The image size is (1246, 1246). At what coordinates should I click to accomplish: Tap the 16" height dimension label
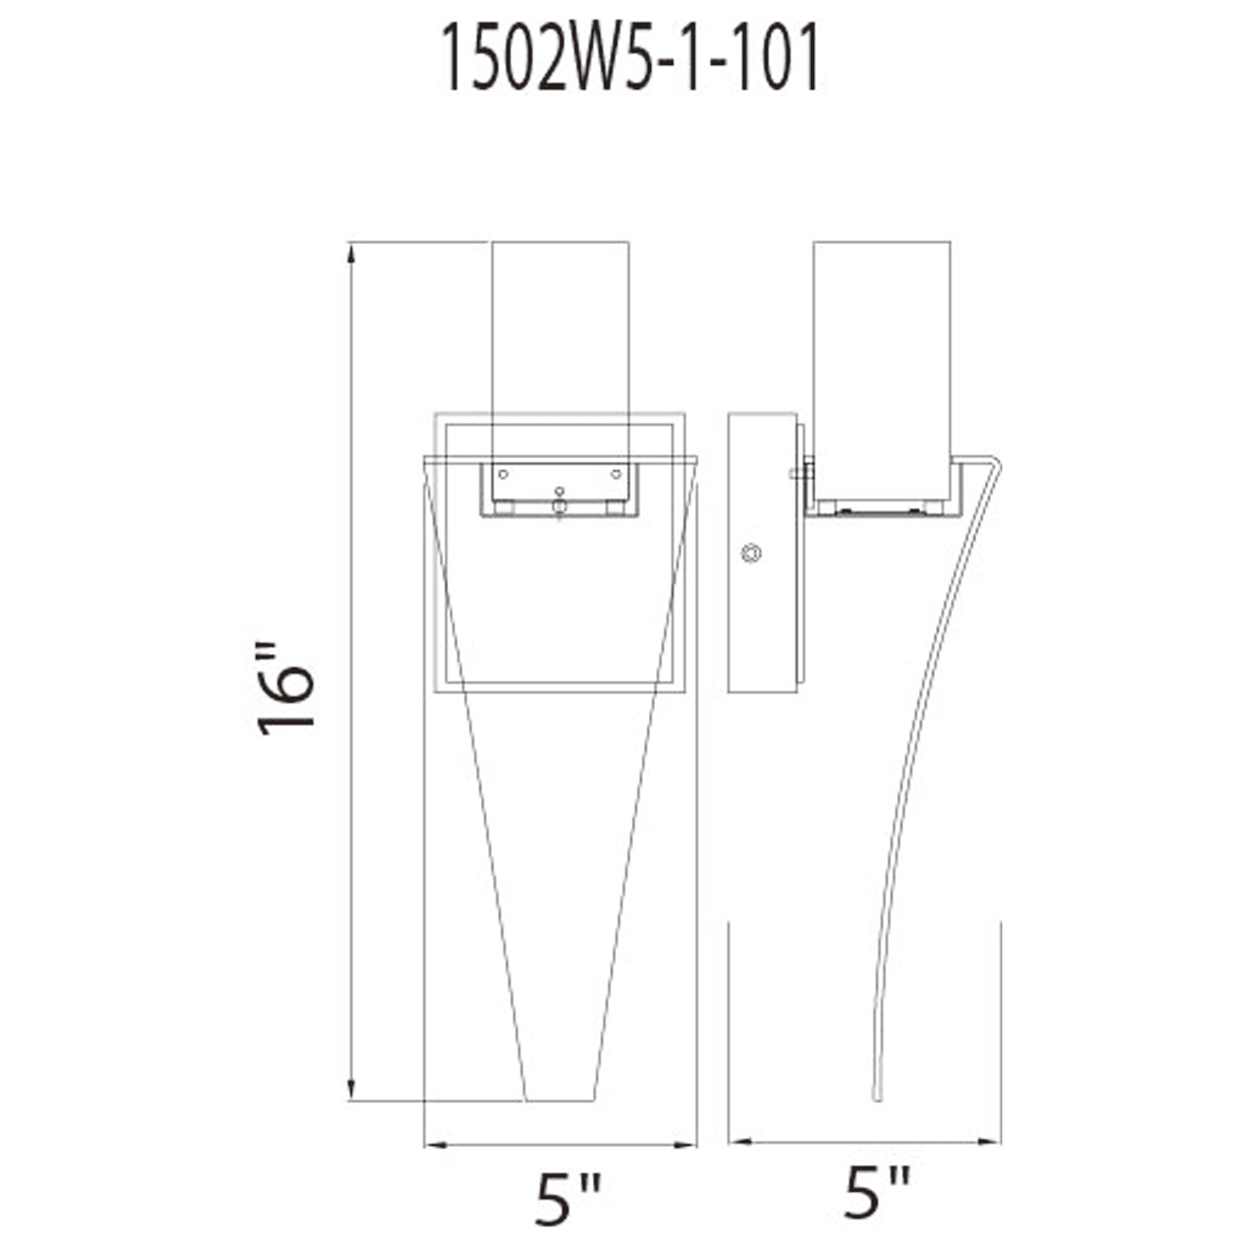pyautogui.click(x=286, y=689)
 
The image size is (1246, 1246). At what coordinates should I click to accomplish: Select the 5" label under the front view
pyautogui.click(x=568, y=1199)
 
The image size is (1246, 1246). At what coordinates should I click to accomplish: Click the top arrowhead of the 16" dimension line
pyautogui.click(x=351, y=254)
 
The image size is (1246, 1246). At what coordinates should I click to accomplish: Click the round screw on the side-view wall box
pyautogui.click(x=751, y=553)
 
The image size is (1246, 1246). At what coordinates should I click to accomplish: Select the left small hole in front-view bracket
pyautogui.click(x=503, y=474)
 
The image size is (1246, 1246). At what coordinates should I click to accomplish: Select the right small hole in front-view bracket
pyautogui.click(x=616, y=474)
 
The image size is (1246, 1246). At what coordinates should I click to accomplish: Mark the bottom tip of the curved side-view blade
pyautogui.click(x=877, y=1096)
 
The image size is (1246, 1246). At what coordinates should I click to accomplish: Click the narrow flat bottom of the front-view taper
pyautogui.click(x=560, y=1100)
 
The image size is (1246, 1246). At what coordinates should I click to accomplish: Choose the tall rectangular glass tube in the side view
pyautogui.click(x=882, y=361)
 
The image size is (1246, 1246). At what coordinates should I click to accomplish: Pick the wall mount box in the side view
pyautogui.click(x=762, y=553)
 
